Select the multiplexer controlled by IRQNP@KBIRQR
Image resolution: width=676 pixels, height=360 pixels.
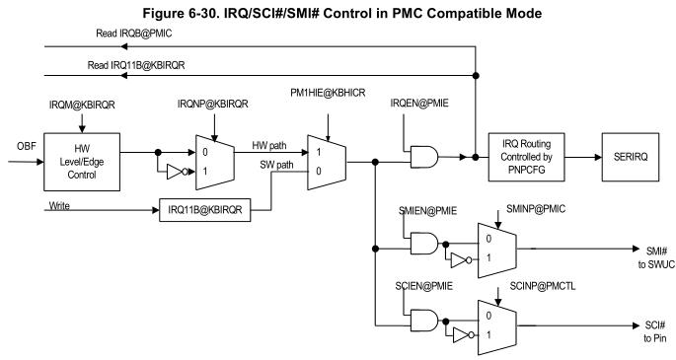pos(214,163)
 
